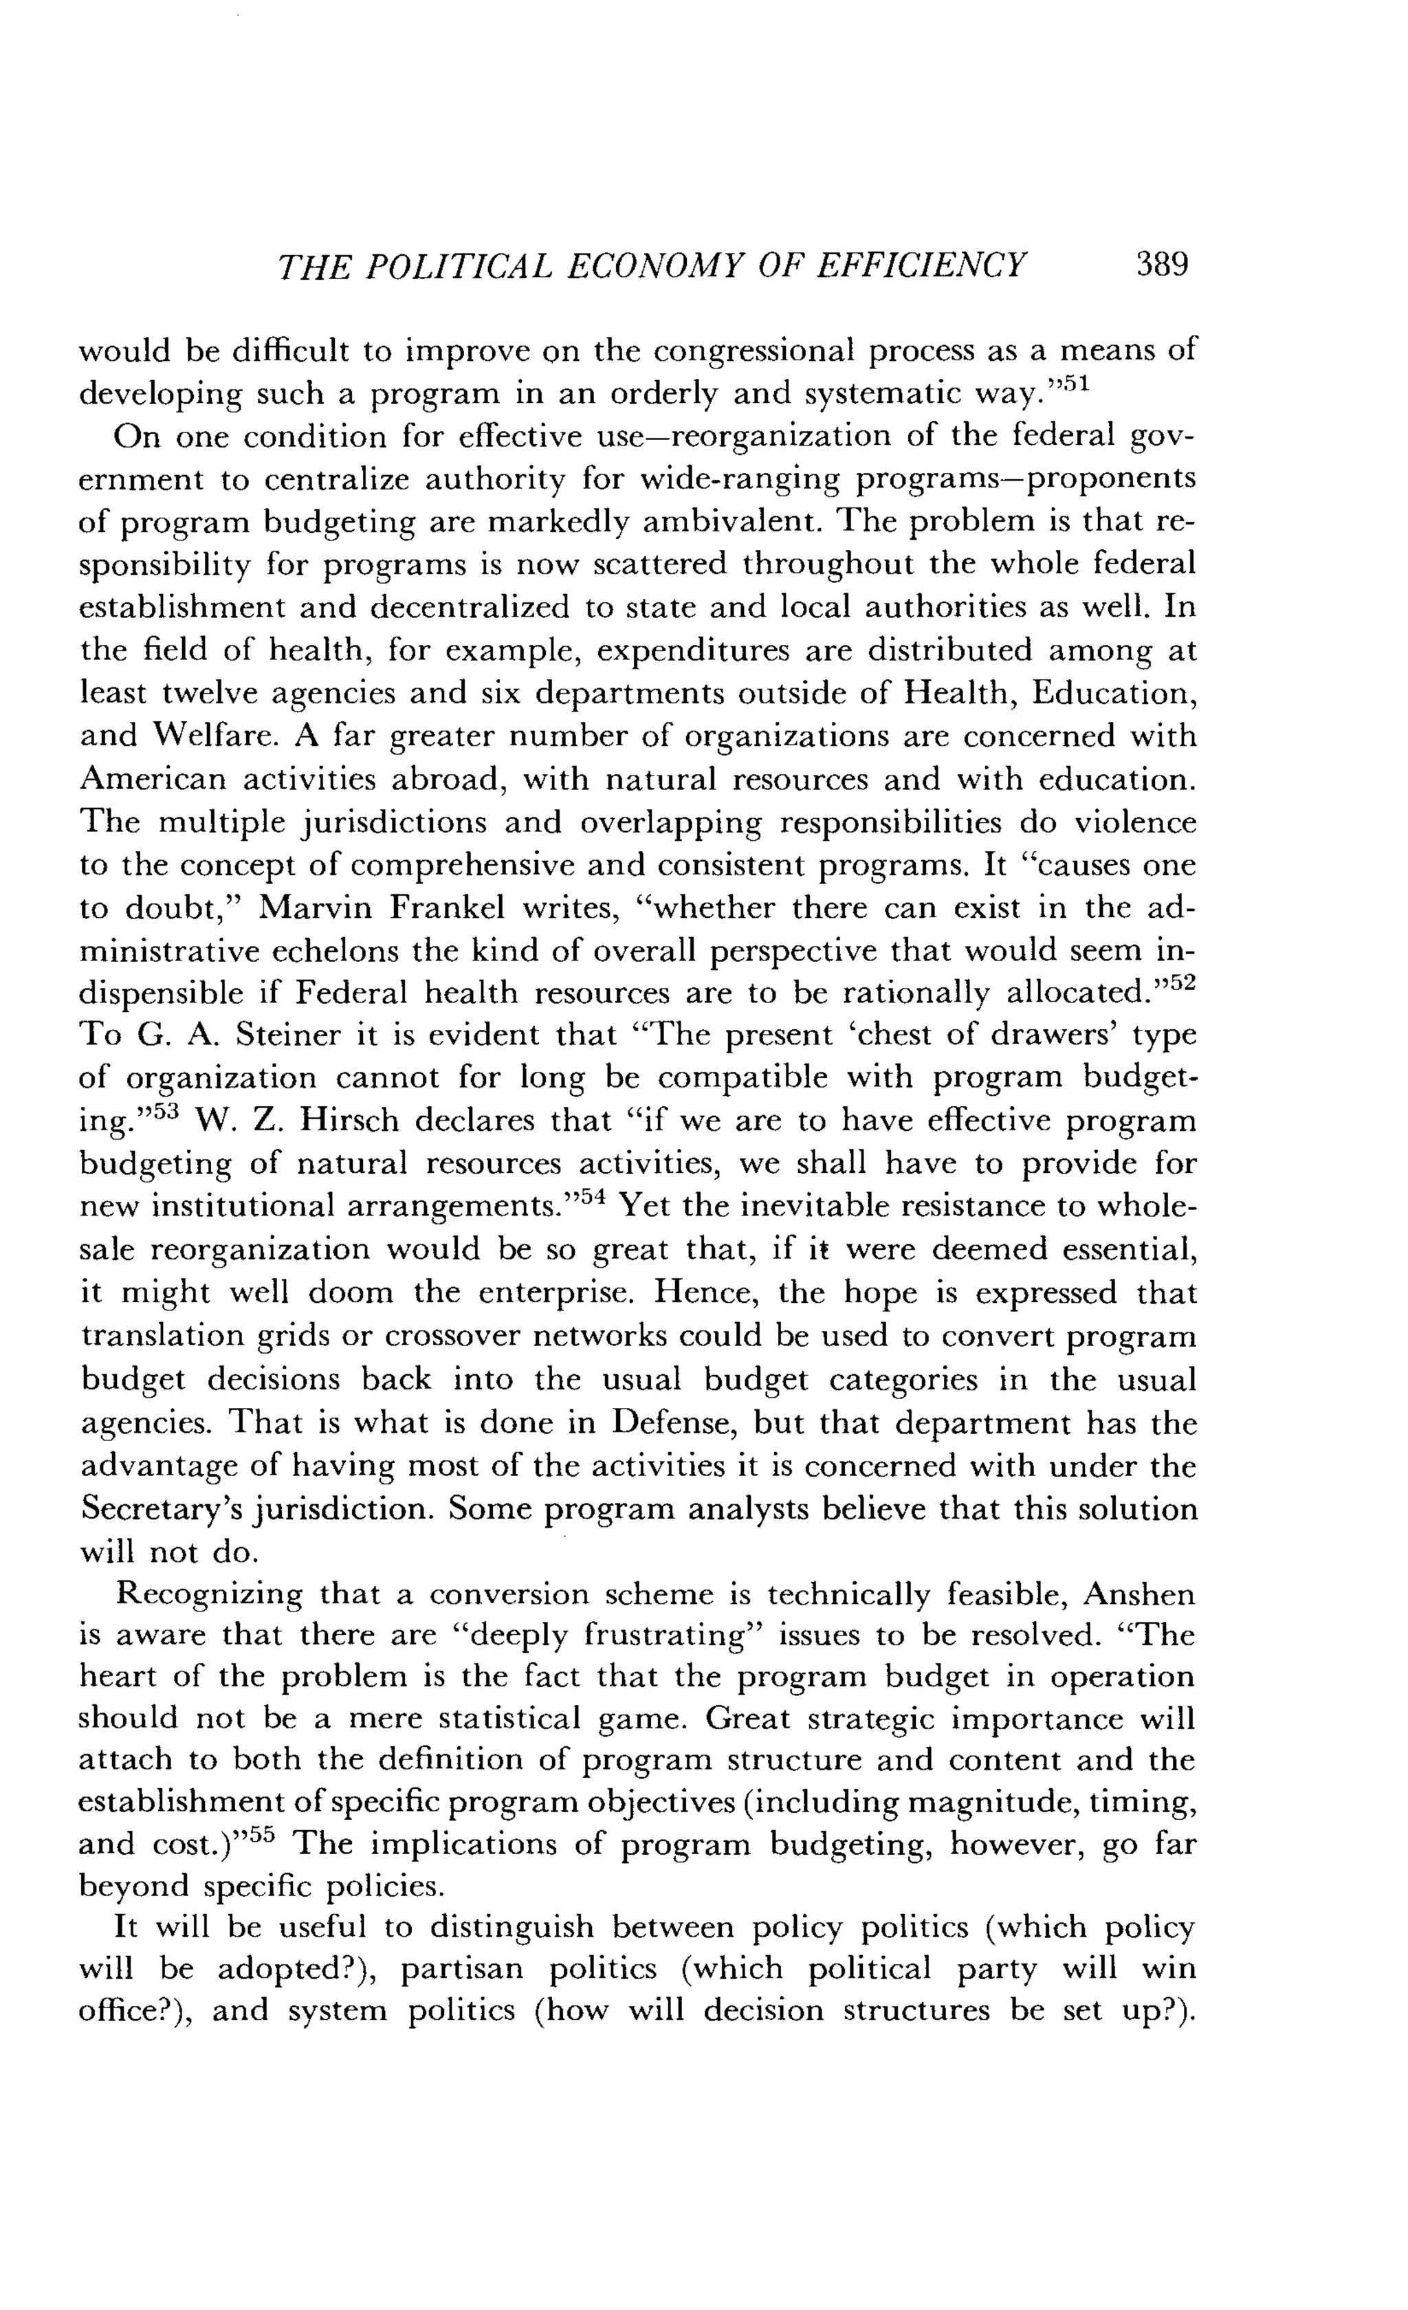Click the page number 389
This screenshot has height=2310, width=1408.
[x=1161, y=265]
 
